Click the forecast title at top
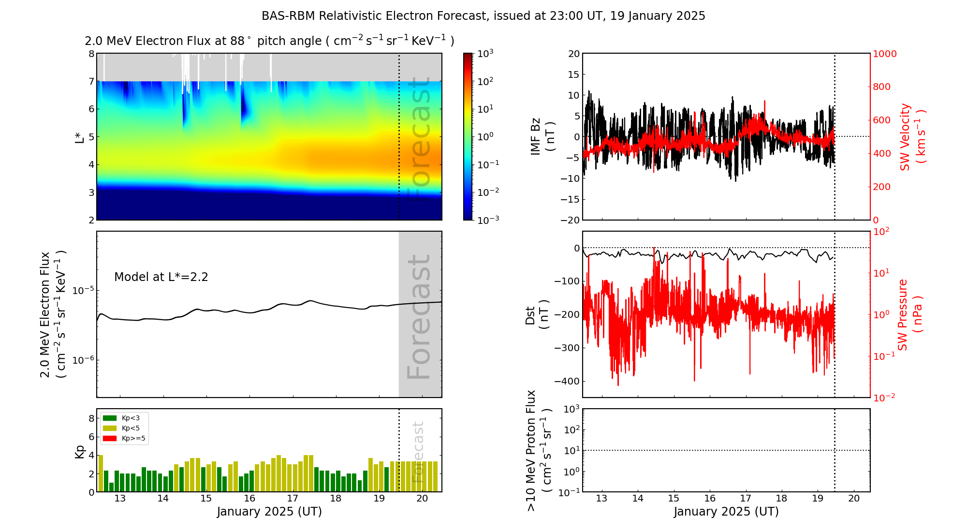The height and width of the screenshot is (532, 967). [483, 16]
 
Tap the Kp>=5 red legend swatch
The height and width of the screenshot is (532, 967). [110, 439]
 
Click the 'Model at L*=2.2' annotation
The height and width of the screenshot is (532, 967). [161, 277]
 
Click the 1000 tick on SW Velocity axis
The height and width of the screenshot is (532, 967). [884, 54]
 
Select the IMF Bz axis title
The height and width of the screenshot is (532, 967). [542, 137]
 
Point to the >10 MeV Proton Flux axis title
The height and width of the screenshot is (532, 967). [538, 451]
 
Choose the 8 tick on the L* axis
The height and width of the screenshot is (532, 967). [91, 54]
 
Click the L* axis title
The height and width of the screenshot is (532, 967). [79, 137]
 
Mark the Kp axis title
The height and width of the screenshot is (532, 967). [79, 451]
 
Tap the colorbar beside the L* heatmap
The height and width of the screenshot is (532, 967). [468, 137]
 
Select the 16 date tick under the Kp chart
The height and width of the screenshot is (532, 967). [249, 499]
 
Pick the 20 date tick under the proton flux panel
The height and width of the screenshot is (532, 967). [854, 499]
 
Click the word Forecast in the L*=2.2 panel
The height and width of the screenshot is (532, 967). [419, 317]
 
